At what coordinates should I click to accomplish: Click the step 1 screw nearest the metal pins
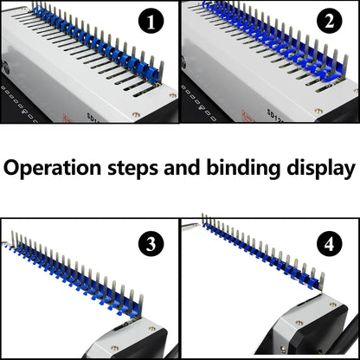tap(171, 95)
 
